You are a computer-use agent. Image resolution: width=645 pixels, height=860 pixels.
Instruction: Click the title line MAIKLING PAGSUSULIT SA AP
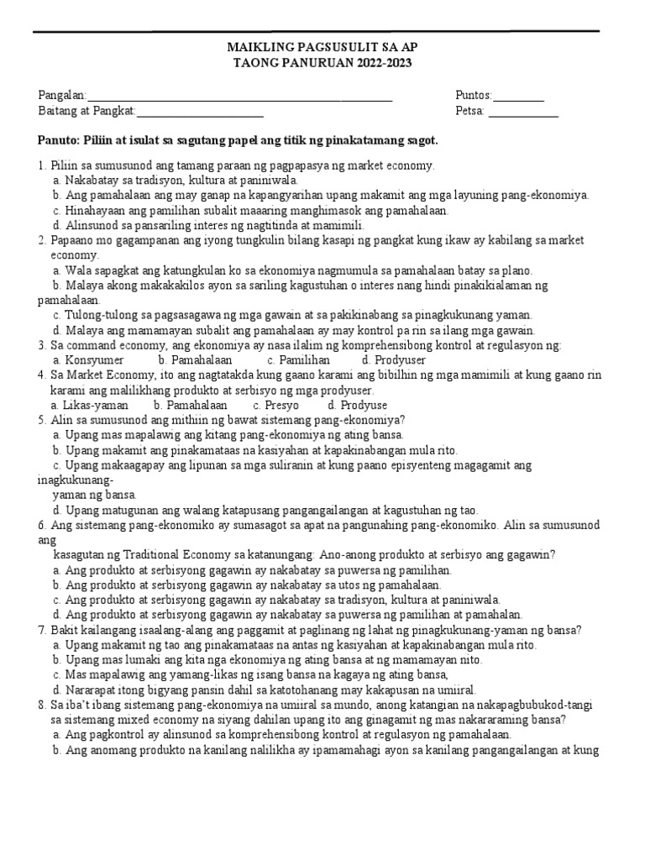322,49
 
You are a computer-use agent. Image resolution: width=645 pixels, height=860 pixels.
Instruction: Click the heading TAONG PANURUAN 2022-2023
322,64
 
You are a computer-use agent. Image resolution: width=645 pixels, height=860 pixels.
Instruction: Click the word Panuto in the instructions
60,139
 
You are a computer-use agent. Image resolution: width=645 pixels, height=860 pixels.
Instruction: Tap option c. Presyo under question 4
275,406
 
